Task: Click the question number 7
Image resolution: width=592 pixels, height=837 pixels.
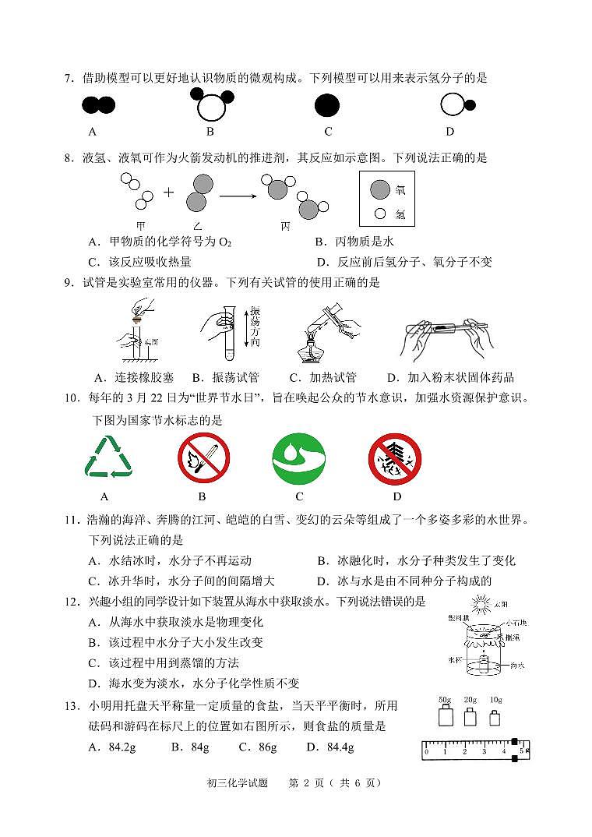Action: pyautogui.click(x=69, y=79)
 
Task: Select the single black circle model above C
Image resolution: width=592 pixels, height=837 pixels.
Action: pyautogui.click(x=327, y=105)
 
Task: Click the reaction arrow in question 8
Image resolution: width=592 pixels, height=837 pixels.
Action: pyautogui.click(x=238, y=196)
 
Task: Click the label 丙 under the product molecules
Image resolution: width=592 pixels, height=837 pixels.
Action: pyautogui.click(x=285, y=226)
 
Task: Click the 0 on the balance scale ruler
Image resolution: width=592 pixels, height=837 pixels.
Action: pyautogui.click(x=426, y=753)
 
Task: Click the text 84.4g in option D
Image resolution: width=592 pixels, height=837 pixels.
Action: pyautogui.click(x=340, y=747)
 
